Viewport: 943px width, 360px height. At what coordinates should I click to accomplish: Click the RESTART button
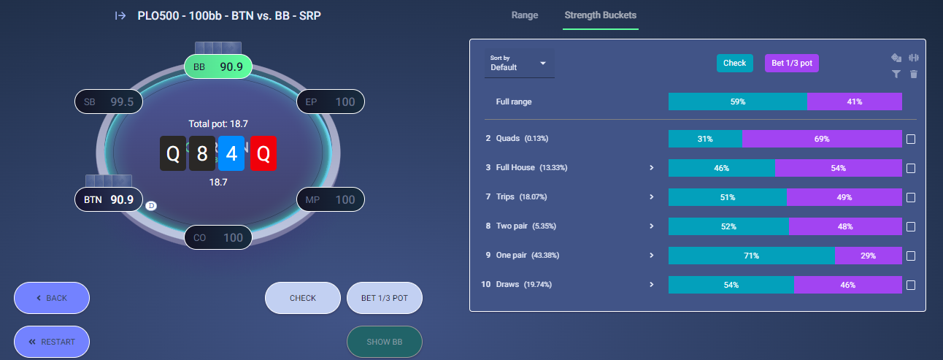pyautogui.click(x=52, y=342)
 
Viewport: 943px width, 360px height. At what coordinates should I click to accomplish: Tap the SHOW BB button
pyautogui.click(x=385, y=342)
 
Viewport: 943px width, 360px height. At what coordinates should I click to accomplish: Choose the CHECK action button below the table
pyautogui.click(x=303, y=298)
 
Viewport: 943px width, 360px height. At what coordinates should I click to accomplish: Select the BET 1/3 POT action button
pyautogui.click(x=385, y=298)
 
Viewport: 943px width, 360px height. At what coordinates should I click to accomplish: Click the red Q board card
pyautogui.click(x=263, y=153)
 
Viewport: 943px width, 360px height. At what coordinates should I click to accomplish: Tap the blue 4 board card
pyautogui.click(x=231, y=153)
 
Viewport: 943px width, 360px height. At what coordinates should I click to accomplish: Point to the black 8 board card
pyautogui.click(x=202, y=153)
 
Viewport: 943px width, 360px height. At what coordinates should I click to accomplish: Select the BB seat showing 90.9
pyautogui.click(x=218, y=66)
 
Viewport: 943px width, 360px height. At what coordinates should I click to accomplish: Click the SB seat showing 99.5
pyautogui.click(x=109, y=102)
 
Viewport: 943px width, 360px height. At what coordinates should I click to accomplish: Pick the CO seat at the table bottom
pyautogui.click(x=218, y=237)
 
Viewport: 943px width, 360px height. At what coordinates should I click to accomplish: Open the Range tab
pyautogui.click(x=525, y=15)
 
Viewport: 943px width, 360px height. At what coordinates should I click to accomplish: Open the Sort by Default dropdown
pyautogui.click(x=519, y=63)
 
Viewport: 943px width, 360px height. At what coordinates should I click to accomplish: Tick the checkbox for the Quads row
pyautogui.click(x=911, y=139)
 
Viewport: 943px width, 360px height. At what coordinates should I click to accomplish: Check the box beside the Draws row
pyautogui.click(x=911, y=285)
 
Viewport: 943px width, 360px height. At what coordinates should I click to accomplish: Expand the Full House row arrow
pyautogui.click(x=652, y=167)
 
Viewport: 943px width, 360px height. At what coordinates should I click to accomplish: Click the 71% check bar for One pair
pyautogui.click(x=752, y=256)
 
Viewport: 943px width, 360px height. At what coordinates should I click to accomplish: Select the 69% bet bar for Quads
pyautogui.click(x=822, y=139)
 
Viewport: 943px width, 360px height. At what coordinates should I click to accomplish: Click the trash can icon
pyautogui.click(x=914, y=74)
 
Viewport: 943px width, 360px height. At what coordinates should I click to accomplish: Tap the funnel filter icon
pyautogui.click(x=896, y=74)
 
